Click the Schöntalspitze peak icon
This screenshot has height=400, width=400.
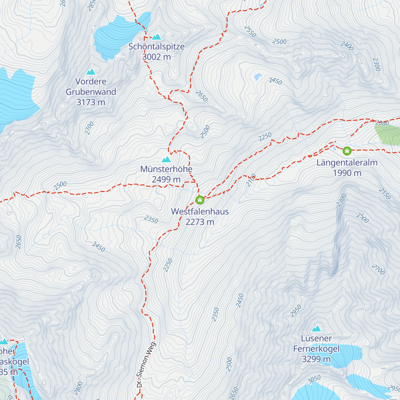(x=157, y=37)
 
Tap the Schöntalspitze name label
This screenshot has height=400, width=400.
(x=156, y=47)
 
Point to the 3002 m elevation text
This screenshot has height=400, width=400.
(x=156, y=57)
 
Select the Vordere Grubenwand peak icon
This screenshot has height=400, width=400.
(x=91, y=72)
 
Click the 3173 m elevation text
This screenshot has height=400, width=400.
(x=91, y=102)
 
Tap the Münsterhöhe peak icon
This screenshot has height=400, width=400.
(x=166, y=160)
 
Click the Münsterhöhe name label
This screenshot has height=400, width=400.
(x=166, y=169)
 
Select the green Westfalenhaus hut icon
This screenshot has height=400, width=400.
(x=200, y=200)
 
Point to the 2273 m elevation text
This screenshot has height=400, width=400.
(x=200, y=222)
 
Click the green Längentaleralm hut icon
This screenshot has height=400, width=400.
(x=347, y=151)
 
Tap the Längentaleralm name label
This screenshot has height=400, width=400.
(x=347, y=163)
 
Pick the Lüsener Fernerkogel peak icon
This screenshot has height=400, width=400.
(x=316, y=329)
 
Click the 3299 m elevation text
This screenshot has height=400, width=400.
(x=316, y=359)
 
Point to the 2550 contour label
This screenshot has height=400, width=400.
(x=250, y=32)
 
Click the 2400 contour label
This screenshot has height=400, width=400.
(x=347, y=46)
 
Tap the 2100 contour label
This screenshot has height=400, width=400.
(x=251, y=180)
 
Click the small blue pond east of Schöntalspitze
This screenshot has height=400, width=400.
(x=258, y=77)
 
